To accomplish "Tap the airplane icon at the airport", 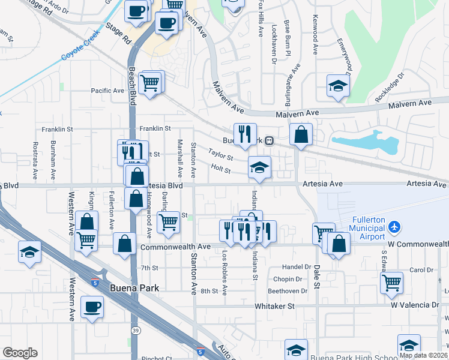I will tap(394, 227).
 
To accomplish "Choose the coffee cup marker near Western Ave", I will tap(92, 307).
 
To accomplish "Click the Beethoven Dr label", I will tap(284, 291).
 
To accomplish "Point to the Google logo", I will tap(20, 353).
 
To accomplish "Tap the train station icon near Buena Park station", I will tap(270, 141).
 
